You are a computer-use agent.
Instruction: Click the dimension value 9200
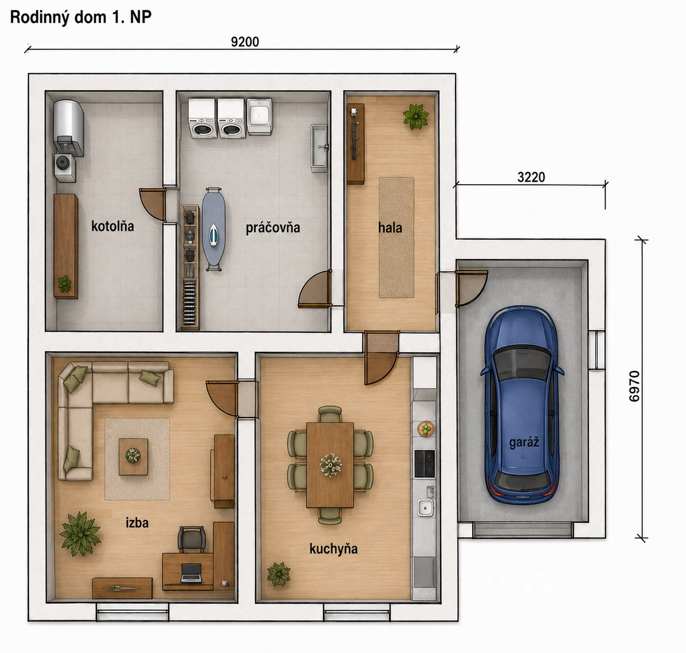pyautogui.click(x=245, y=42)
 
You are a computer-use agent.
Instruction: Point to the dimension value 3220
pyautogui.click(x=531, y=177)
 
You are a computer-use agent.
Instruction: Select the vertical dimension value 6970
pyautogui.click(x=634, y=386)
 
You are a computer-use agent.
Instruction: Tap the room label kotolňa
pyautogui.click(x=113, y=226)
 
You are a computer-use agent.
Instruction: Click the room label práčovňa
pyautogui.click(x=273, y=228)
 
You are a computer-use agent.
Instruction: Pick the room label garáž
pyautogui.click(x=524, y=443)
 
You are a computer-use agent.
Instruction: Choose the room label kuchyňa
pyautogui.click(x=333, y=549)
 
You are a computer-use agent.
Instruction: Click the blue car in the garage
pyautogui.click(x=522, y=405)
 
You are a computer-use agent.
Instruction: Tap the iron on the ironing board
pyautogui.click(x=213, y=235)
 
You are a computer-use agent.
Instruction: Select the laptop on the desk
pyautogui.click(x=191, y=573)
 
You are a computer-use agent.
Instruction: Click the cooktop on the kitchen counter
pyautogui.click(x=425, y=463)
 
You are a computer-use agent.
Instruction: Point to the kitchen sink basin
pyautogui.click(x=425, y=507)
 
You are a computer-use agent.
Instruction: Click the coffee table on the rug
pyautogui.click(x=133, y=457)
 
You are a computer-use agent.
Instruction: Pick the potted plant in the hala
pyautogui.click(x=416, y=116)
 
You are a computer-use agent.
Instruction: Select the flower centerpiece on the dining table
pyautogui.click(x=330, y=465)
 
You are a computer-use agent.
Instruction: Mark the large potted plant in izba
pyautogui.click(x=80, y=534)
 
